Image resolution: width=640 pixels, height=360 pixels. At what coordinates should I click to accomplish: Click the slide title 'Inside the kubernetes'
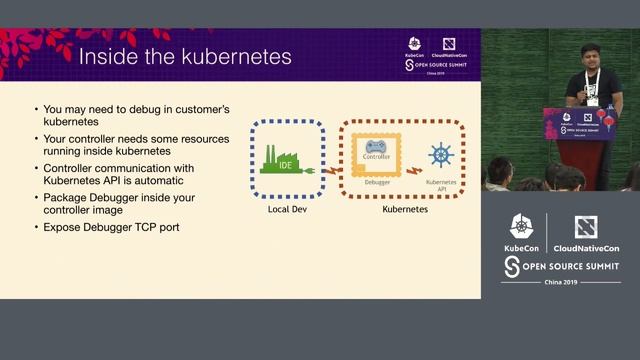tap(185, 56)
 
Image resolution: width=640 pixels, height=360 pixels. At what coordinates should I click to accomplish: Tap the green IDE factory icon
tap(282, 159)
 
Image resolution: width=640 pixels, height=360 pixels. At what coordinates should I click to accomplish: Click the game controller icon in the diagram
tap(376, 147)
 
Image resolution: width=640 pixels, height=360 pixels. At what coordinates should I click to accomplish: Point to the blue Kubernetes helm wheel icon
tap(440, 156)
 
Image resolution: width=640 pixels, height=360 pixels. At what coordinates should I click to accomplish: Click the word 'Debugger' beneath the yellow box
tap(377, 181)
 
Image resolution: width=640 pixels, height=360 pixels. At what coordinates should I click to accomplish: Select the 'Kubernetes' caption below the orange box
tap(407, 210)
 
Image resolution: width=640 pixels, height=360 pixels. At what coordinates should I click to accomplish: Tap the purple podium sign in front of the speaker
tap(581, 123)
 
